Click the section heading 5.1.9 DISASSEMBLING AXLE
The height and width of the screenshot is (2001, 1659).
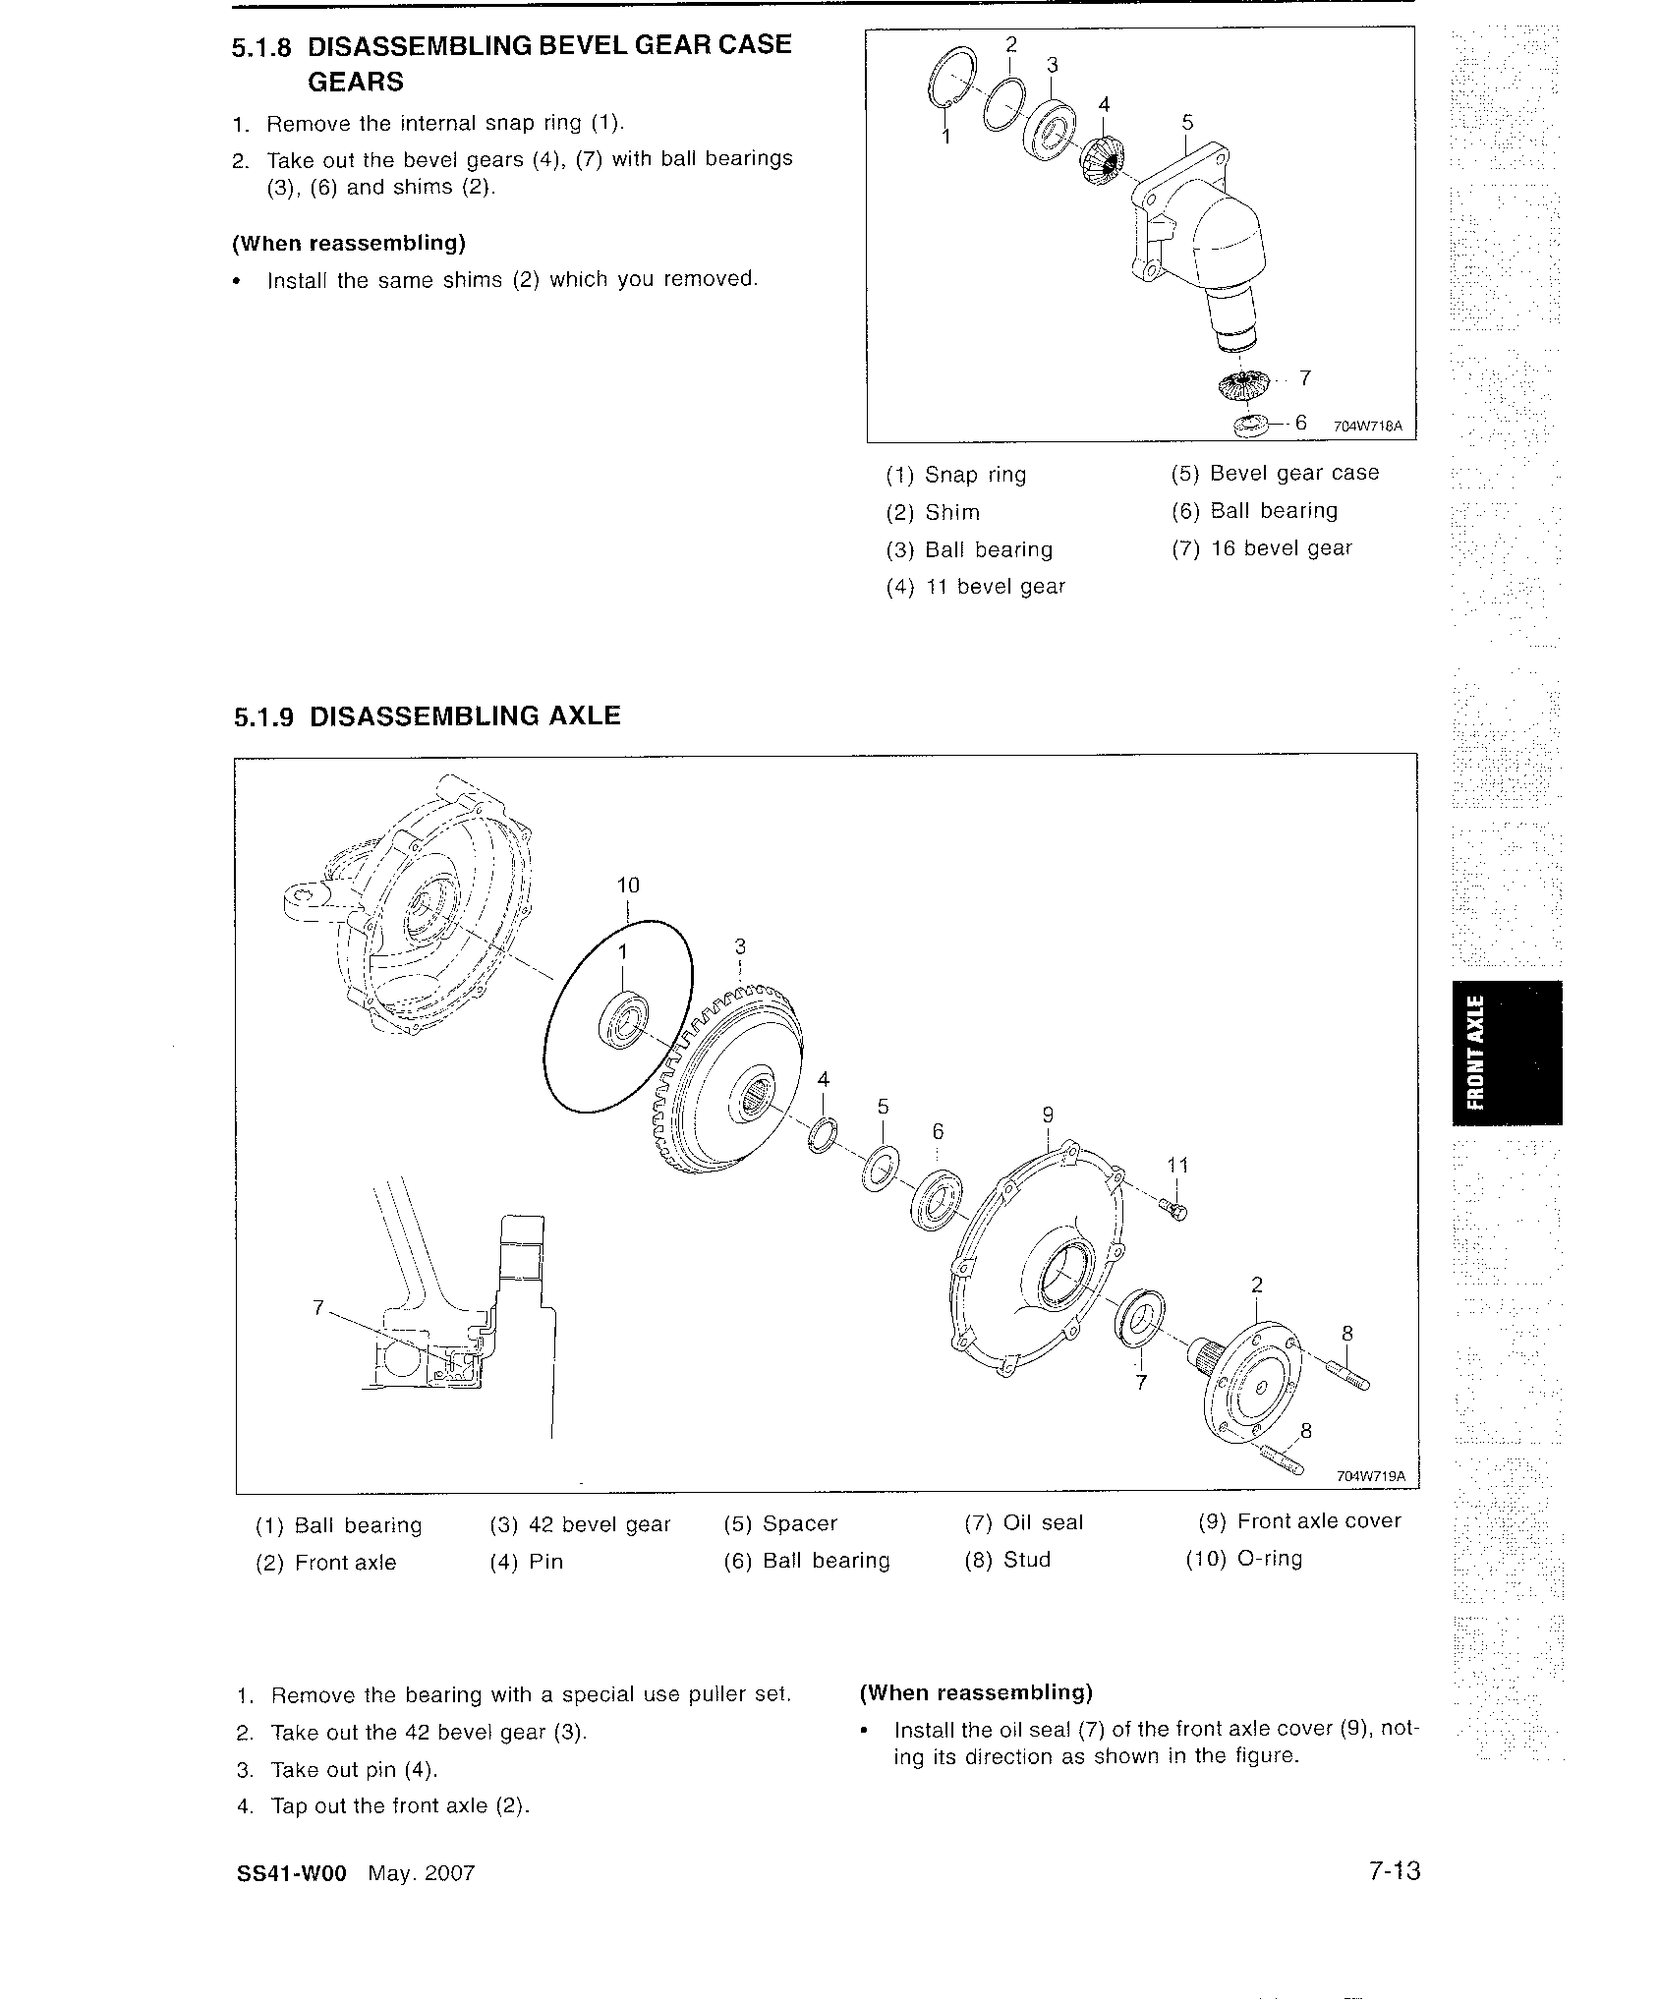coord(427,715)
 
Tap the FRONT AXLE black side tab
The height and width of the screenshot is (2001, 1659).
coord(1505,1053)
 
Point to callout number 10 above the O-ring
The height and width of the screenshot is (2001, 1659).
coord(628,886)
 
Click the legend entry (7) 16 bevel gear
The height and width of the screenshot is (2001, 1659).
coord(1261,548)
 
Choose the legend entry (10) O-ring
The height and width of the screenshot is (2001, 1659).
coord(1243,1560)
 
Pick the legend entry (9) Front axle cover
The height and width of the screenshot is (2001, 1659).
coord(1298,1521)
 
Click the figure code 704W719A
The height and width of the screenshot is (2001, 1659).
coord(1371,1476)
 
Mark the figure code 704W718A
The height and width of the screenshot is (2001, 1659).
coord(1367,427)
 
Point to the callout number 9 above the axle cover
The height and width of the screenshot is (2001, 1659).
coord(1048,1115)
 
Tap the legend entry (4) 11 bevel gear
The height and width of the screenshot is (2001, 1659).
coord(975,587)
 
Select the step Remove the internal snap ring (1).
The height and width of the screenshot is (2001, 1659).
coord(445,123)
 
